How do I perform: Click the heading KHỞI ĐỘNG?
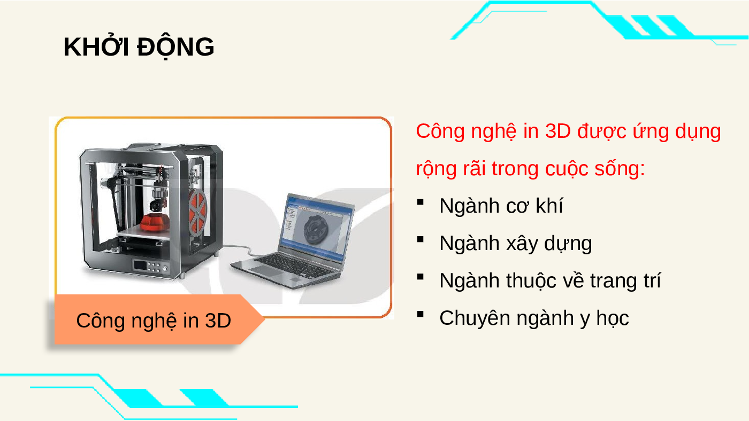pyautogui.click(x=139, y=47)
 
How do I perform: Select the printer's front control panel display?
pyautogui.click(x=140, y=266)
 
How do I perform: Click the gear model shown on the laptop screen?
pyautogui.click(x=316, y=228)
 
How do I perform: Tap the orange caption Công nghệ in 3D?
pyautogui.click(x=154, y=321)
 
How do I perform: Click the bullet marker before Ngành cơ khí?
pyautogui.click(x=421, y=201)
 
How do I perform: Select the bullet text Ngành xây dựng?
pyautogui.click(x=516, y=244)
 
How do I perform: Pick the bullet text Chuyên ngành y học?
pyautogui.click(x=534, y=318)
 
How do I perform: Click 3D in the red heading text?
pyautogui.click(x=557, y=131)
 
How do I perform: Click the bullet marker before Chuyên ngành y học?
pyautogui.click(x=421, y=314)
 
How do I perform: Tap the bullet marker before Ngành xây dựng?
pyautogui.click(x=421, y=239)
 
